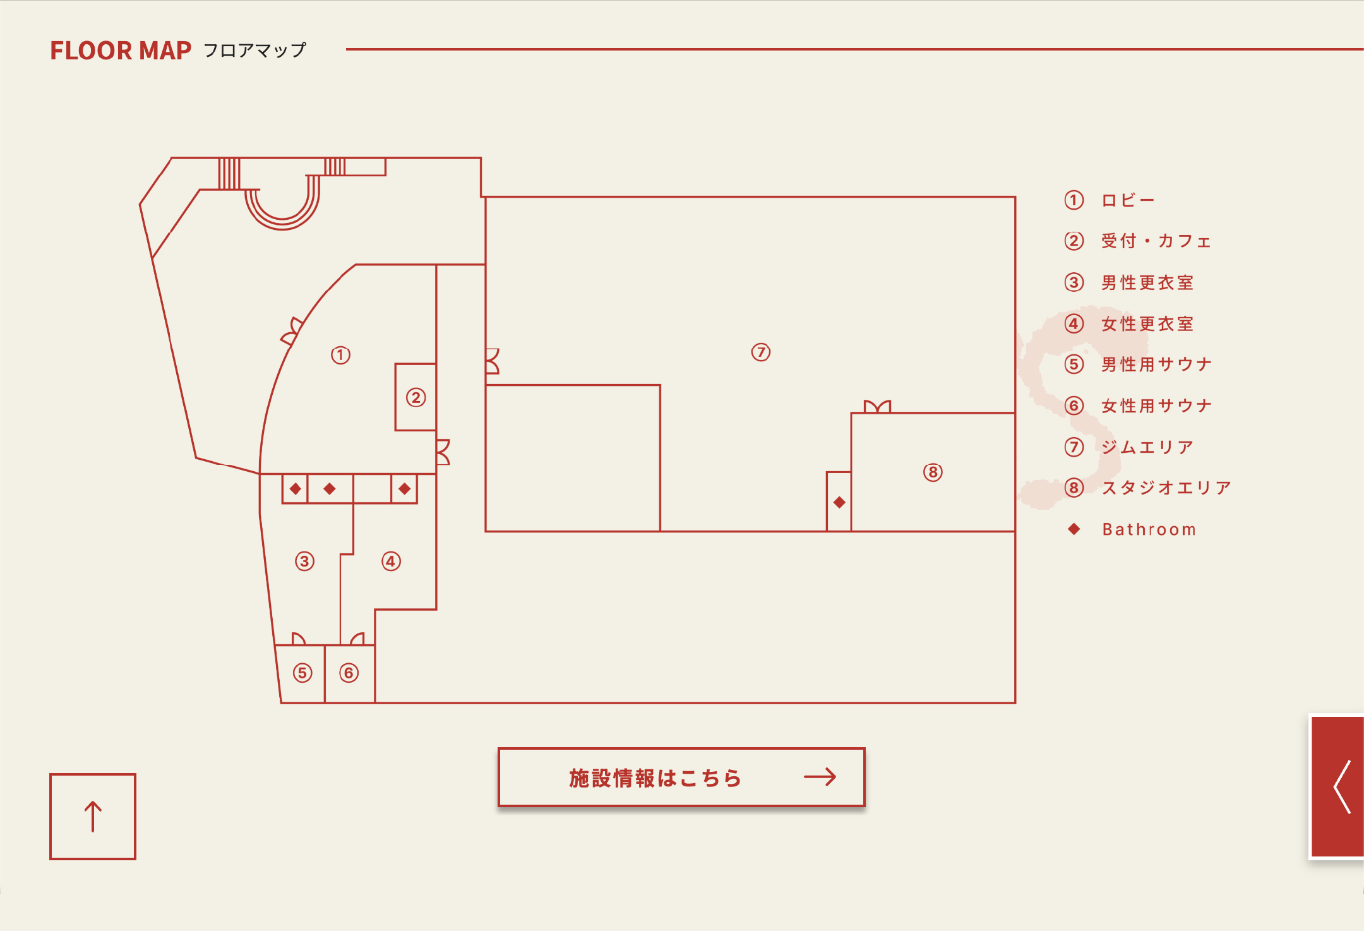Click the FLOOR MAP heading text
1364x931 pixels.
coord(121,51)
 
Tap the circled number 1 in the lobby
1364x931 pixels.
coord(340,355)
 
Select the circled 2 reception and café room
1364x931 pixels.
coord(416,397)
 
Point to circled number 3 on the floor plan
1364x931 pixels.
coord(304,561)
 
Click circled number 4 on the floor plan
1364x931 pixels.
coord(391,561)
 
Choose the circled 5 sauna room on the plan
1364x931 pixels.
coord(302,673)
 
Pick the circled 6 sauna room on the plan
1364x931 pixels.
coord(349,673)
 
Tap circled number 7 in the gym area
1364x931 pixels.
coord(761,352)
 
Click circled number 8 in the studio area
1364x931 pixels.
coord(933,472)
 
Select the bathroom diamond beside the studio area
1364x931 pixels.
coord(839,502)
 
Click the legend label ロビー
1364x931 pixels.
coord(1128,200)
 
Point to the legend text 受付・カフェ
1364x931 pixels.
coord(1156,241)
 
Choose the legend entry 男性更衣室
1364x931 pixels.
coord(1147,282)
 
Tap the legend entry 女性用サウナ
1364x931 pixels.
coord(1156,405)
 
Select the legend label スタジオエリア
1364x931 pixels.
coord(1166,488)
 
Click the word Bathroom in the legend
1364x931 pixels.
coord(1149,529)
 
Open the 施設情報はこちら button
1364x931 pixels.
coord(681,778)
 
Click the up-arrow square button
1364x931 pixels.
coord(93,816)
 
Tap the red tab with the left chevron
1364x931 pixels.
coord(1337,787)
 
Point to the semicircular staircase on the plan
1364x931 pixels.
coord(282,203)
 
